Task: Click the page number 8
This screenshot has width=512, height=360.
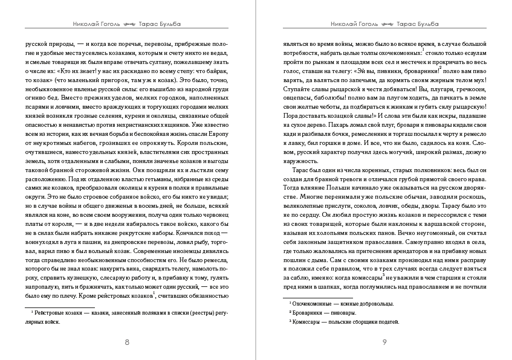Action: (126, 342)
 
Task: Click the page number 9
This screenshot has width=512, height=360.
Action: (384, 342)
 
